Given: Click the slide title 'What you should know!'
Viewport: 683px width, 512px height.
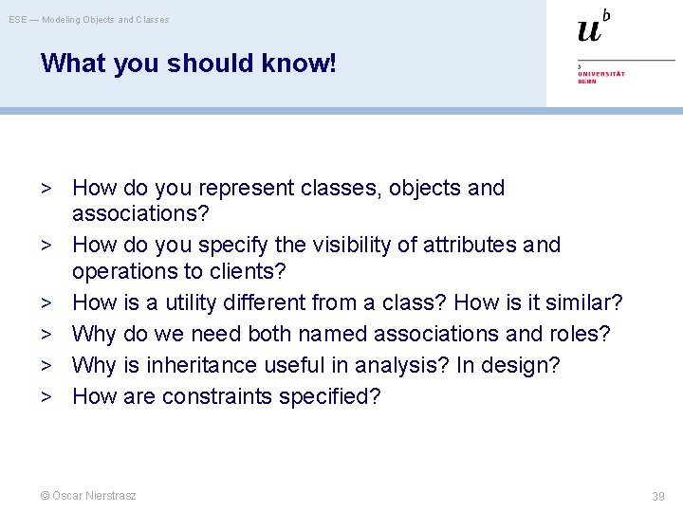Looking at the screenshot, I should (x=188, y=64).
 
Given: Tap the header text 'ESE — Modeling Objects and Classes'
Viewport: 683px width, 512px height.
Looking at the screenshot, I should (x=89, y=19).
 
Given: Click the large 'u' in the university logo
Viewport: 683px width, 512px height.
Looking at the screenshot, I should (x=589, y=31).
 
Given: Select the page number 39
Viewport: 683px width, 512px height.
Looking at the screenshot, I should (x=658, y=496).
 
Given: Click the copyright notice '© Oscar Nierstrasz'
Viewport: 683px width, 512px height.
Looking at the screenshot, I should (x=87, y=495).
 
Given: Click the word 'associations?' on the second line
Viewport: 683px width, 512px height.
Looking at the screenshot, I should (x=140, y=214).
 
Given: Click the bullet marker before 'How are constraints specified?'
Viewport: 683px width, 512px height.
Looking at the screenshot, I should (x=46, y=396).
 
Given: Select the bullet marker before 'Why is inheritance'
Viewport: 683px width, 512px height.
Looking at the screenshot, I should (x=46, y=365).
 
